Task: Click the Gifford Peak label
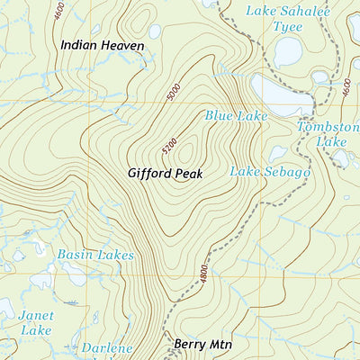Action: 164,171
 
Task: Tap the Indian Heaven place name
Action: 102,44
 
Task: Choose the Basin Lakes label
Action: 95,256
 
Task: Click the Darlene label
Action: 107,348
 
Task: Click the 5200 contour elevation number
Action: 179,141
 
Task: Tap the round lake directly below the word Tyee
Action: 288,52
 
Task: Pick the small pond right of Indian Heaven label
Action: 155,31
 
